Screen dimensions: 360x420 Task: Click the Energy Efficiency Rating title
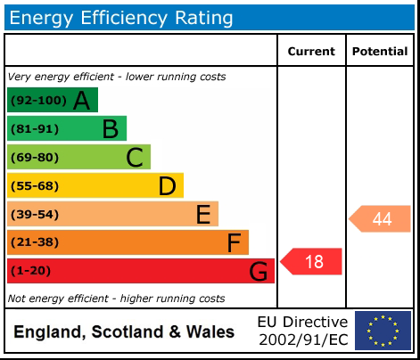(121, 17)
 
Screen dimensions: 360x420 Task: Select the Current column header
(311, 52)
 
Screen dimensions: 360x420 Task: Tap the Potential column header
(380, 52)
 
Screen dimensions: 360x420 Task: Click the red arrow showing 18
(312, 261)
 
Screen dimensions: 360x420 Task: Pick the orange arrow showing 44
(380, 219)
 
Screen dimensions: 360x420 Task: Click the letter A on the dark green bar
(81, 101)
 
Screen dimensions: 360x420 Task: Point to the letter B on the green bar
(110, 129)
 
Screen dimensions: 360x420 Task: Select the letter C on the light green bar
(135, 158)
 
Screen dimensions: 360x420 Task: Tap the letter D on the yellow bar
(167, 186)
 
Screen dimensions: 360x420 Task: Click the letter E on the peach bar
(202, 214)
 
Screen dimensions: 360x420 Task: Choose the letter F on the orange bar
(234, 242)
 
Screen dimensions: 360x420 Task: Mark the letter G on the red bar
(259, 271)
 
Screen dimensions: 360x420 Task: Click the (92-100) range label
(37, 101)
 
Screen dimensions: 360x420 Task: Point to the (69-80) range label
(33, 158)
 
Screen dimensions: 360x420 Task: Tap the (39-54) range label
(33, 214)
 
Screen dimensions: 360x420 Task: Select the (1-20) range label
(30, 271)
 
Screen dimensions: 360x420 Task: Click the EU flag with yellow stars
(383, 331)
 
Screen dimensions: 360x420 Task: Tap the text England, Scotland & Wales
(124, 332)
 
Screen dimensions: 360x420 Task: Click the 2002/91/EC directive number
(302, 340)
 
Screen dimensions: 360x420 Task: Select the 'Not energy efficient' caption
(116, 299)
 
